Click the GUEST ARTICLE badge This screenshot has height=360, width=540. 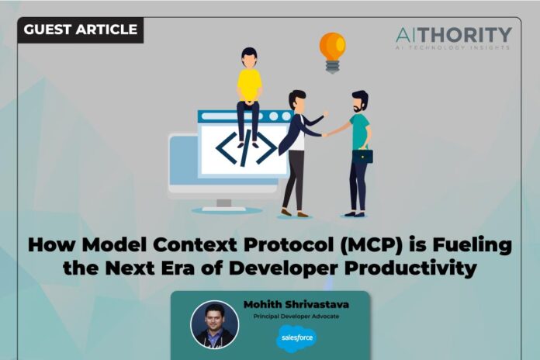click(x=81, y=29)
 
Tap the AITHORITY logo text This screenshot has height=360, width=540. click(x=453, y=35)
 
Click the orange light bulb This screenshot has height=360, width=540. click(x=332, y=47)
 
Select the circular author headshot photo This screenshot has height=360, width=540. click(x=215, y=324)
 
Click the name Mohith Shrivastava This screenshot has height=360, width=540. click(x=297, y=303)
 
